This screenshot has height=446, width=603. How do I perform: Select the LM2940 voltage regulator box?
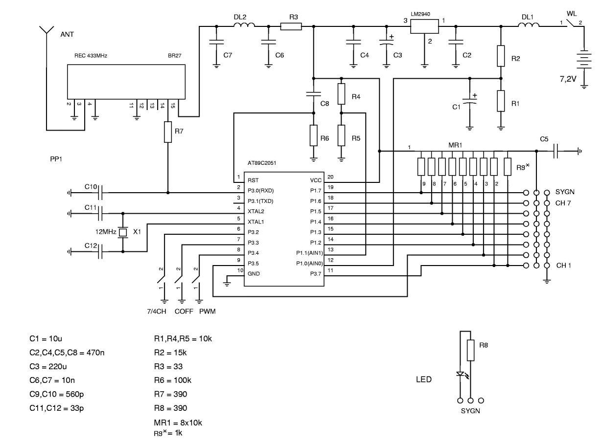(424, 26)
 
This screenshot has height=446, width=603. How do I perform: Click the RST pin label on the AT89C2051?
(253, 180)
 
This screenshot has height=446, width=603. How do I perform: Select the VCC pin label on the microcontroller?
(316, 180)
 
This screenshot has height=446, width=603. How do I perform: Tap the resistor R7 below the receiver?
(168, 132)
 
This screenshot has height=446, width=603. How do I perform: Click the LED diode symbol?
(460, 375)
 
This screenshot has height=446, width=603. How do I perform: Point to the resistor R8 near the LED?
(471, 351)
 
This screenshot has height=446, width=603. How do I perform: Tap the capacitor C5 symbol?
(557, 152)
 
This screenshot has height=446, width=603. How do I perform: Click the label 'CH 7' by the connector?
(564, 202)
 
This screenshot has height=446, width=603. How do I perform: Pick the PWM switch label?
(207, 311)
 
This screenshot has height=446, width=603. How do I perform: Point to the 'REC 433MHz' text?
(91, 56)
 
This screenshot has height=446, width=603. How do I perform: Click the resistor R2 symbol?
(501, 56)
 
